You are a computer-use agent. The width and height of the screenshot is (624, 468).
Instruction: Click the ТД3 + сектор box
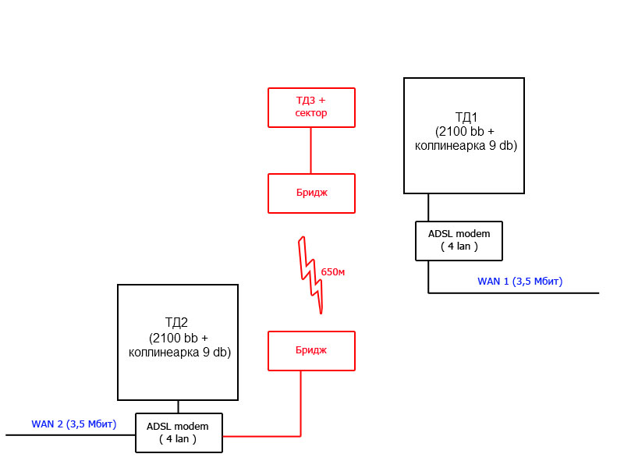click(311, 107)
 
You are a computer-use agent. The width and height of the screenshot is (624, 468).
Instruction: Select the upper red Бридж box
click(311, 193)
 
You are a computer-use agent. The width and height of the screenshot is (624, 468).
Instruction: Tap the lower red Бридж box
click(311, 350)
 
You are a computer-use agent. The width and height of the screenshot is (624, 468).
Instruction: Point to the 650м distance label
click(332, 272)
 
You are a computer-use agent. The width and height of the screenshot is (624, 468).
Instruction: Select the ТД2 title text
click(179, 321)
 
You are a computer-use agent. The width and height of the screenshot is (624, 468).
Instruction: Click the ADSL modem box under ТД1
click(459, 240)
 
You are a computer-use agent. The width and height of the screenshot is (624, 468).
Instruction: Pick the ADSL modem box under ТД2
click(179, 432)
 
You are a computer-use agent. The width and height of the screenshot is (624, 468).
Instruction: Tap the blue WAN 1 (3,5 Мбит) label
click(519, 281)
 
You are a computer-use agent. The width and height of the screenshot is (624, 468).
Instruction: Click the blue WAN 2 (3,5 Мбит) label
click(73, 424)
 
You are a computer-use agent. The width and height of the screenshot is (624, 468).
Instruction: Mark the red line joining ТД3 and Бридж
click(311, 150)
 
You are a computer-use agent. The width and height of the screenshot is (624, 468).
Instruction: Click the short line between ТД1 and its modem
click(428, 207)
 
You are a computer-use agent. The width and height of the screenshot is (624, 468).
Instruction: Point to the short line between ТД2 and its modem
click(179, 406)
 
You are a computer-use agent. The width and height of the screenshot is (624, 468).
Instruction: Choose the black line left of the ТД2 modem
click(70, 434)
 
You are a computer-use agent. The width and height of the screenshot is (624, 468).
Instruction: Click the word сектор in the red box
click(311, 113)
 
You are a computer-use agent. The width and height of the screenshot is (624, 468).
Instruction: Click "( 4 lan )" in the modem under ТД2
click(179, 439)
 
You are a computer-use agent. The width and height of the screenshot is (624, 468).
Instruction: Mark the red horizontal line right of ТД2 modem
click(261, 435)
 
